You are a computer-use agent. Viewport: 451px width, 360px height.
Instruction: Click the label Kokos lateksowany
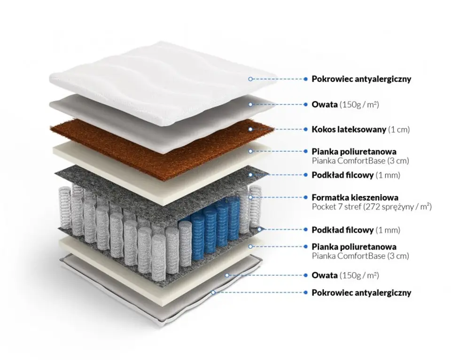point(349,129)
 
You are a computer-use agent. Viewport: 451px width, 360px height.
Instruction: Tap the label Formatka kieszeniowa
point(355,197)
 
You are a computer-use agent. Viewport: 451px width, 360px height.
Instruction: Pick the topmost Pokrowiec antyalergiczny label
point(361,79)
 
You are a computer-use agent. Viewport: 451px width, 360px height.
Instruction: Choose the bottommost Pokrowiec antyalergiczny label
point(361,293)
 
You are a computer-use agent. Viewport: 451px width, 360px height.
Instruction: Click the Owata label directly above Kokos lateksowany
point(325,104)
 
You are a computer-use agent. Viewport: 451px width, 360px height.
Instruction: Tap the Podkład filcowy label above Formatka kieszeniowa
point(342,175)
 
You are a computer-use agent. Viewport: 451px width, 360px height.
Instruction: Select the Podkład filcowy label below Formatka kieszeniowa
point(342,230)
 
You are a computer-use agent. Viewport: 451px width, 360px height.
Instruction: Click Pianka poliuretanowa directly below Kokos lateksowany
point(354,151)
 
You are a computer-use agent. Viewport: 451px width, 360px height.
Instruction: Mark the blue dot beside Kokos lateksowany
point(305,129)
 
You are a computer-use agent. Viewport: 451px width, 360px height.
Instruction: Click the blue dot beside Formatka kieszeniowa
point(305,197)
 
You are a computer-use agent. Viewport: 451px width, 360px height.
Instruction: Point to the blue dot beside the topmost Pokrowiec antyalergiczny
point(305,79)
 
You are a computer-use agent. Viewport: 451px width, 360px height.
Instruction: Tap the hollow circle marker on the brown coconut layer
point(251,129)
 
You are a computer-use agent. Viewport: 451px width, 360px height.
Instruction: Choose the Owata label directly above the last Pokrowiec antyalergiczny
point(325,275)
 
